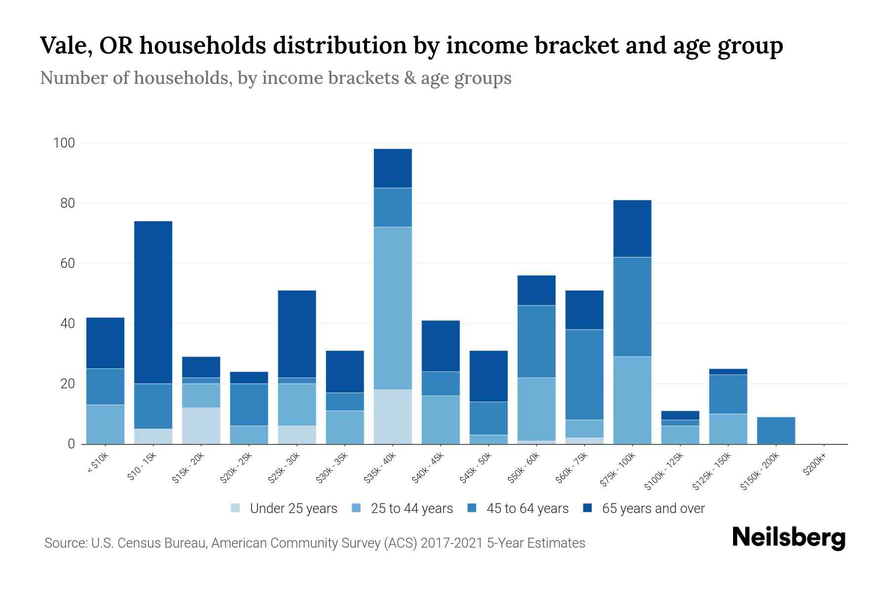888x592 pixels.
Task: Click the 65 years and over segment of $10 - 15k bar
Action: pyautogui.click(x=153, y=302)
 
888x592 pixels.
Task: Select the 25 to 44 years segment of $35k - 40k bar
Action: pyautogui.click(x=393, y=308)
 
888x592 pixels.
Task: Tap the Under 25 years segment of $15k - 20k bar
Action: pyautogui.click(x=201, y=425)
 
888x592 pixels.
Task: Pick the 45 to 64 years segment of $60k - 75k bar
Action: pyautogui.click(x=584, y=374)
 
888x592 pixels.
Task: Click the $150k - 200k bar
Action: pyautogui.click(x=776, y=430)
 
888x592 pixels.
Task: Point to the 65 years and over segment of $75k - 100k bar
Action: pyautogui.click(x=632, y=228)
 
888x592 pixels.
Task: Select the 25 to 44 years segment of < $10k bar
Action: pyautogui.click(x=105, y=424)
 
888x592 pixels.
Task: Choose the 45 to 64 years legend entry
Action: pyautogui.click(x=518, y=508)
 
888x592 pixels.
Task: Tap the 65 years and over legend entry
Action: pyautogui.click(x=643, y=508)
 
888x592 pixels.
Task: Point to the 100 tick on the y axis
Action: pyautogui.click(x=64, y=143)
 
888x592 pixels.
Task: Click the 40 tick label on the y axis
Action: pyautogui.click(x=67, y=324)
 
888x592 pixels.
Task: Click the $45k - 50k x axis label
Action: pyautogui.click(x=476, y=468)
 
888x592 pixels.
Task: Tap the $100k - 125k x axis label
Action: pyautogui.click(x=664, y=472)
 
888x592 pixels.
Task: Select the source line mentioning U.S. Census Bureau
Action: pyautogui.click(x=315, y=543)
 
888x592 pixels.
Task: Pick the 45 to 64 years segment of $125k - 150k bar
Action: pyautogui.click(x=728, y=394)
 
